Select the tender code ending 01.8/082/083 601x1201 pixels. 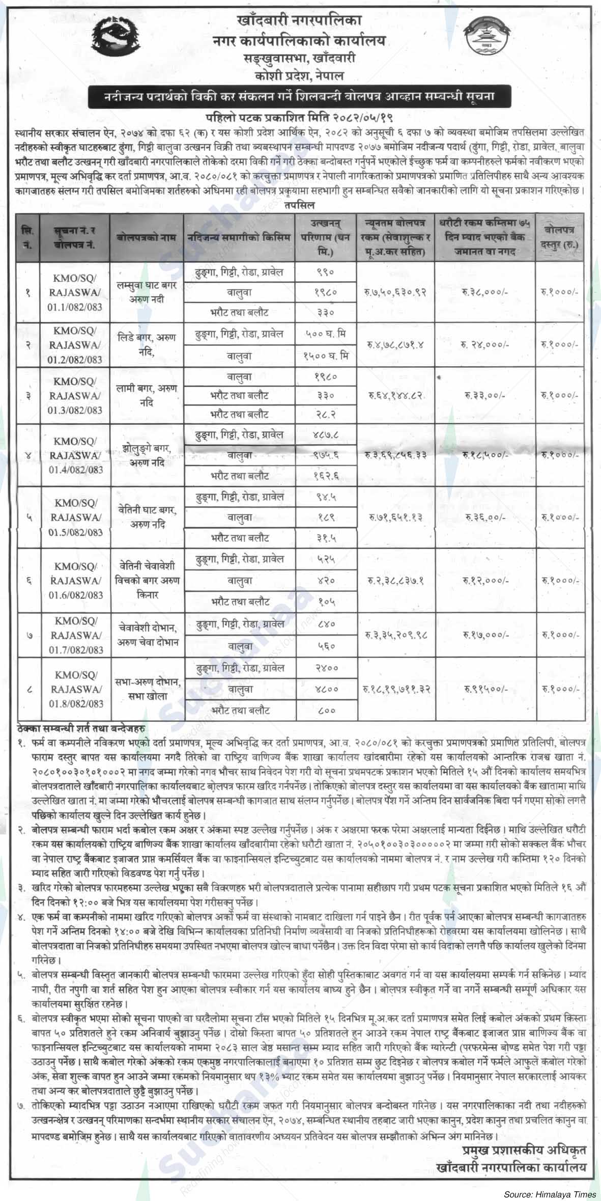76,690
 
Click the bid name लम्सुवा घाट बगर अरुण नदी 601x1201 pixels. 147,292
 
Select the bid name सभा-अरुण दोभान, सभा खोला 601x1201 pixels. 147,689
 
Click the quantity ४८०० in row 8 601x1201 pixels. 326,689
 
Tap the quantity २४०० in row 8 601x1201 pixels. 326,668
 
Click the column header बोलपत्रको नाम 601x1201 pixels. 147,237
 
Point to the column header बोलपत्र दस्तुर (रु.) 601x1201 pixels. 560,237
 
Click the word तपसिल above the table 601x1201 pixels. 300,205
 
